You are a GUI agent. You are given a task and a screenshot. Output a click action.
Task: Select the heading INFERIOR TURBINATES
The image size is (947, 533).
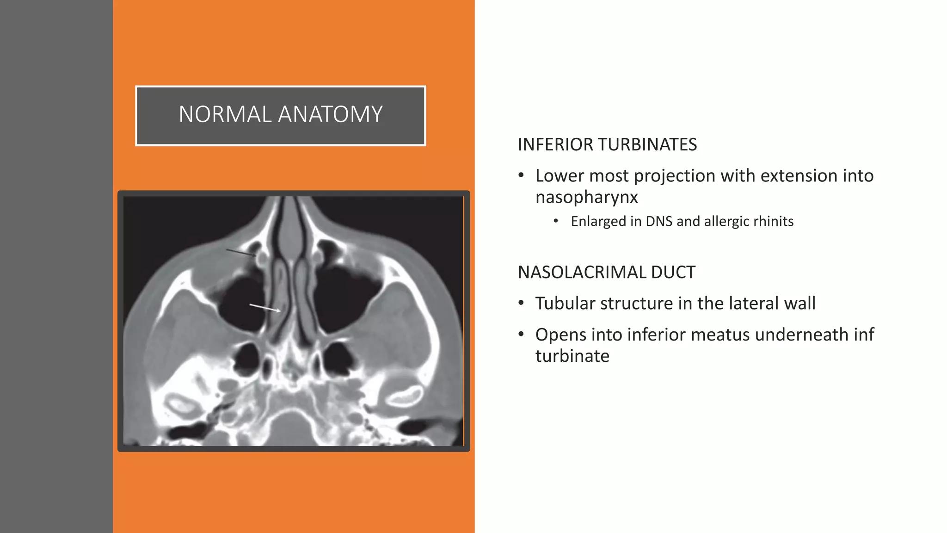607,145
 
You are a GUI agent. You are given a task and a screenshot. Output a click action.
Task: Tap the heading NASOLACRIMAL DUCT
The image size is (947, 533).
606,273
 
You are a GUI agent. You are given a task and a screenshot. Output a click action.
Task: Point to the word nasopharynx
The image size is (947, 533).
586,198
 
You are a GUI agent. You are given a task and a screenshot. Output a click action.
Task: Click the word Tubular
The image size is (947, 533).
565,304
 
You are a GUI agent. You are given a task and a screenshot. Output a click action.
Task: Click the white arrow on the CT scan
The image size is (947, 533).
265,308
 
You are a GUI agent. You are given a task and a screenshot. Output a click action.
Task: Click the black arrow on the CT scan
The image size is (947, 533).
240,253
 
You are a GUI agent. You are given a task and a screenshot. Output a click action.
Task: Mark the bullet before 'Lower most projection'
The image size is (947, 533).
521,176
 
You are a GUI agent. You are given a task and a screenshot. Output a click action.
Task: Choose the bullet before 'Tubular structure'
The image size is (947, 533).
521,304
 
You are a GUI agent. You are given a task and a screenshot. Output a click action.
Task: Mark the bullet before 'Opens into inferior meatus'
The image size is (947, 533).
521,335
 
